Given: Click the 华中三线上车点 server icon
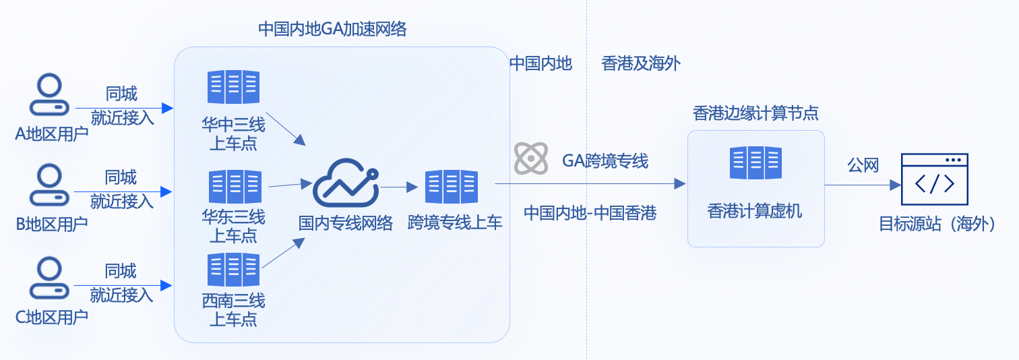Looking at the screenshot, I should coord(233,88).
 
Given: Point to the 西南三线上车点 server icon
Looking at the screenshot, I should coord(233,270).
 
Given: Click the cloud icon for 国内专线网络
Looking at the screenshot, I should coord(346,183).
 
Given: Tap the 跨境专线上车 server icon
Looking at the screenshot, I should coord(451,187).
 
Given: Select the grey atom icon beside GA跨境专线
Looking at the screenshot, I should coord(531,159).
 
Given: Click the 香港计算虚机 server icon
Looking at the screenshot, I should coord(755,163).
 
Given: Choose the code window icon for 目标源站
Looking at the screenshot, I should coord(934,179).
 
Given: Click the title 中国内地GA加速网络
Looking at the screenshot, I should coord(332,30).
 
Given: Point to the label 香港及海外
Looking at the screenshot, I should coord(641,64).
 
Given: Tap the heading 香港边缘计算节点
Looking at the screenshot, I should coord(755,113).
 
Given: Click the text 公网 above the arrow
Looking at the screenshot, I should coord(863,165).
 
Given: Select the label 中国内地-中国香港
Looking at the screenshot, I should coord(590,213).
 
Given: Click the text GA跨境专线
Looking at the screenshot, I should coord(605,160).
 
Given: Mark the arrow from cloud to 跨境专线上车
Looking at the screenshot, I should coord(399,187).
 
